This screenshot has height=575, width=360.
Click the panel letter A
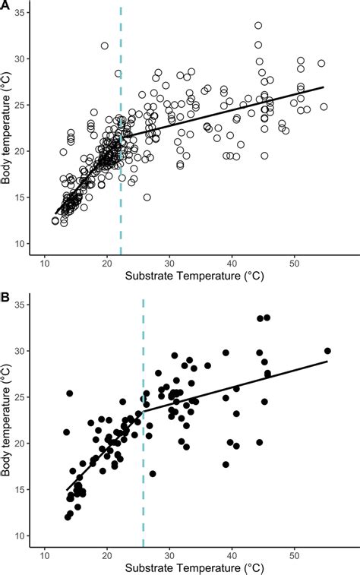tap(6, 6)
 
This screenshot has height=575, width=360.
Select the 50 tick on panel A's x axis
tap(293, 262)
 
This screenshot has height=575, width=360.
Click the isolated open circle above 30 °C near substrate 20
tap(105, 46)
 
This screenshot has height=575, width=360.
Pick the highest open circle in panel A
tap(258, 26)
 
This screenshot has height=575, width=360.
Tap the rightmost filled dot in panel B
tap(327, 351)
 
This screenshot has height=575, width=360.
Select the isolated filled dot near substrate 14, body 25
tap(70, 393)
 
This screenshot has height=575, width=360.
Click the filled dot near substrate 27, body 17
tap(153, 473)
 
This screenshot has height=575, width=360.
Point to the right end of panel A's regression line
tap(324, 87)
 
